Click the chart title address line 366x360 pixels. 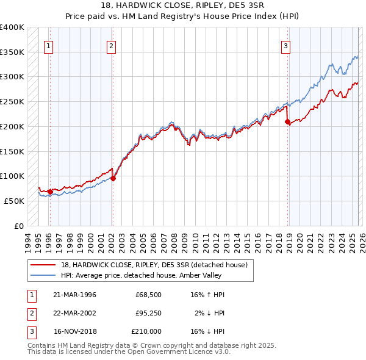(182, 6)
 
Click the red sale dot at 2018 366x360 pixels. (287, 122)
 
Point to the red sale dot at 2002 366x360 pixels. (113, 179)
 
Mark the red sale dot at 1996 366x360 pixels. (50, 192)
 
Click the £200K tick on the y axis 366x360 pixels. (12, 126)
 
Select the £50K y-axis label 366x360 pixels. (14, 201)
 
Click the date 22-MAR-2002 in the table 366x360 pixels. (74, 313)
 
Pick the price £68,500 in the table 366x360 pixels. (148, 295)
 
